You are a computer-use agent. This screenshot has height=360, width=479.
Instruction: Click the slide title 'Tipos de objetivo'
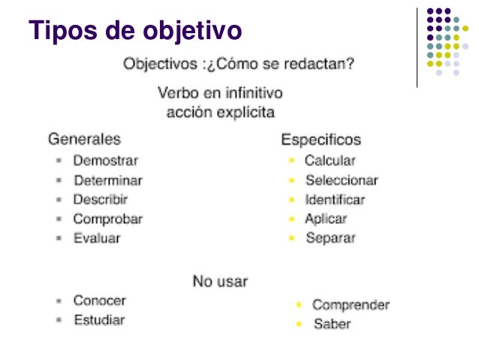pyautogui.click(x=135, y=32)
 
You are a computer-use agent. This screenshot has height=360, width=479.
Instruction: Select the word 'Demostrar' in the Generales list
pyautogui.click(x=106, y=160)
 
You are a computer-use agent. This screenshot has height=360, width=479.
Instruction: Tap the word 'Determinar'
pyautogui.click(x=108, y=180)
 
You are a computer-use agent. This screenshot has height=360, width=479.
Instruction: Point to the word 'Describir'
pyautogui.click(x=101, y=200)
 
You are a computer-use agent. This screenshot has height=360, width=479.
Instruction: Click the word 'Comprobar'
pyautogui.click(x=107, y=219)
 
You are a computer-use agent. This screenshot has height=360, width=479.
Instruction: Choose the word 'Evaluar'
pyautogui.click(x=97, y=238)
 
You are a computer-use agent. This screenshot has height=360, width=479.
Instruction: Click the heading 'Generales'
pyautogui.click(x=84, y=139)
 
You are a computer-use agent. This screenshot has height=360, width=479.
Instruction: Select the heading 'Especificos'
pyautogui.click(x=321, y=140)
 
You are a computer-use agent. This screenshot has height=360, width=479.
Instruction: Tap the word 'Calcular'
pyautogui.click(x=330, y=160)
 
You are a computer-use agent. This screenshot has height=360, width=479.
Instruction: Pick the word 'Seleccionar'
pyautogui.click(x=342, y=180)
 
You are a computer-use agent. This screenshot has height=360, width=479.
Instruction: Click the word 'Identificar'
pyautogui.click(x=335, y=200)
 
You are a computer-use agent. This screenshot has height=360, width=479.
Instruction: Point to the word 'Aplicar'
pyautogui.click(x=326, y=219)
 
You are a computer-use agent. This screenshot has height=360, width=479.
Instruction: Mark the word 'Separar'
pyautogui.click(x=330, y=238)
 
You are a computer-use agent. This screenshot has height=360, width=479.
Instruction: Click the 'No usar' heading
pyautogui.click(x=220, y=281)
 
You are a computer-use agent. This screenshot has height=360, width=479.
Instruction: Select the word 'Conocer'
pyautogui.click(x=100, y=301)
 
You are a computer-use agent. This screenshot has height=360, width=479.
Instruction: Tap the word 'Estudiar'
pyautogui.click(x=99, y=320)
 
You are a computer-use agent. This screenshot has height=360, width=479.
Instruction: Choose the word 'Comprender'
pyautogui.click(x=351, y=305)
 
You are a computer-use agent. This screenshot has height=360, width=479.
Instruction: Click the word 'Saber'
pyautogui.click(x=332, y=325)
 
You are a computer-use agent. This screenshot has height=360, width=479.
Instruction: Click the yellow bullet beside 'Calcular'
pyautogui.click(x=292, y=161)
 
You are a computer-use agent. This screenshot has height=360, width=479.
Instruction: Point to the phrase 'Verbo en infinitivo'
pyautogui.click(x=220, y=95)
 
